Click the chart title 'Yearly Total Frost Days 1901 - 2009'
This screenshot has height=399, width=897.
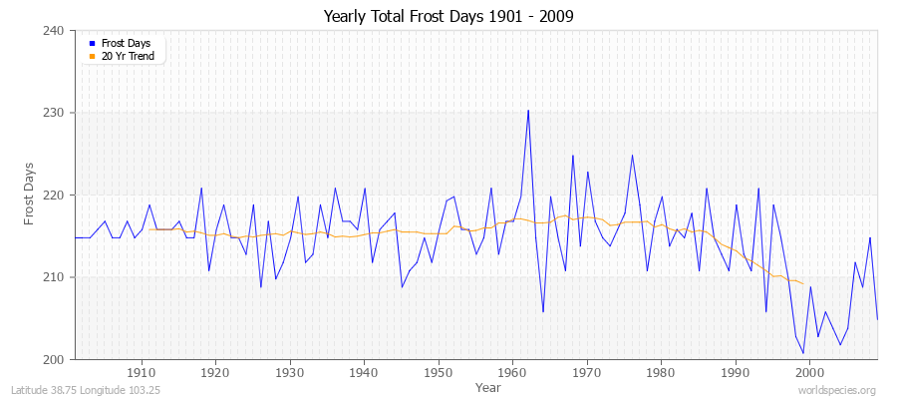(x=448, y=16)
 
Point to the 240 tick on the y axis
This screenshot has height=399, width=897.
(x=54, y=31)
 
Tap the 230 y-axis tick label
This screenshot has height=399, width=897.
(x=54, y=113)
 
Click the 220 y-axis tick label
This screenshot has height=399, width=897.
(x=54, y=195)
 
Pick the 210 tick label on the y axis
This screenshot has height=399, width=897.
(x=54, y=277)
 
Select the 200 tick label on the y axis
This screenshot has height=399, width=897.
(x=54, y=359)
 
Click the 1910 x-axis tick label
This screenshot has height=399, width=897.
(x=142, y=373)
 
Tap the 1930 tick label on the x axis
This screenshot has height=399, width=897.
(x=290, y=373)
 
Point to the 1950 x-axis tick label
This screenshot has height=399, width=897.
(x=439, y=373)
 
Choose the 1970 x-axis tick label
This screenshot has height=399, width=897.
(x=587, y=373)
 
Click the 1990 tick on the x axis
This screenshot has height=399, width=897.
(x=736, y=373)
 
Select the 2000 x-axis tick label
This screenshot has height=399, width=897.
(x=810, y=373)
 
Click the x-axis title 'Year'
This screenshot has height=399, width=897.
(x=488, y=386)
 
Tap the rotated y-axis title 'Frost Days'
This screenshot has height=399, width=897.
(x=30, y=194)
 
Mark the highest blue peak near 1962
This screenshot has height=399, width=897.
(x=528, y=111)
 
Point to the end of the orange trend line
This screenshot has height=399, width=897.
(x=803, y=284)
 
